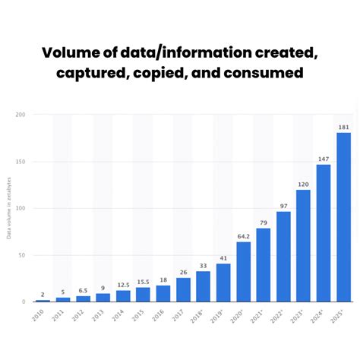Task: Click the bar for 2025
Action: (343, 217)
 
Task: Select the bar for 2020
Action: (243, 271)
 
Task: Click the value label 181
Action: (343, 126)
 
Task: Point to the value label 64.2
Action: (243, 235)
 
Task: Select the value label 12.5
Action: (123, 284)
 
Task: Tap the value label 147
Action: (324, 158)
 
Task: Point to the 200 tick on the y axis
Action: (21, 115)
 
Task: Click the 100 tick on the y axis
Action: (21, 208)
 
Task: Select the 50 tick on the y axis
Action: (22, 255)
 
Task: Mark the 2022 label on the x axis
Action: (279, 314)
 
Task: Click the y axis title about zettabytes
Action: (9, 209)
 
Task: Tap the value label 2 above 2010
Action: (43, 294)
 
